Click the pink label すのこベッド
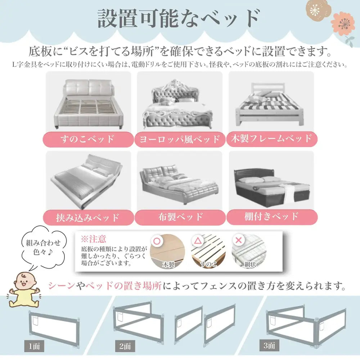[x=88, y=139]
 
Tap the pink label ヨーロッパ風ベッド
[x=180, y=139]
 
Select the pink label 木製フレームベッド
[x=272, y=139]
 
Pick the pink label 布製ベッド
[x=180, y=217]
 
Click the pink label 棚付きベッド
[x=272, y=217]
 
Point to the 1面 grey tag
[x=34, y=346]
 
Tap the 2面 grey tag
[x=125, y=346]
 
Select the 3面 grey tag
[x=269, y=345]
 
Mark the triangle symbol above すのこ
[x=198, y=240]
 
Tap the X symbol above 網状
[x=239, y=240]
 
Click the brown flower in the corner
[x=319, y=10]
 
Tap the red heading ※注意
[x=93, y=239]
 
